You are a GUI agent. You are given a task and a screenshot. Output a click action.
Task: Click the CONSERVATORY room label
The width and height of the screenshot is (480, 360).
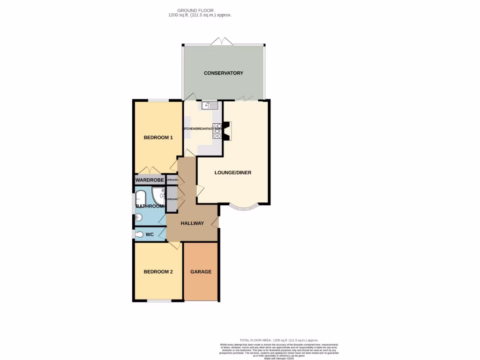223,73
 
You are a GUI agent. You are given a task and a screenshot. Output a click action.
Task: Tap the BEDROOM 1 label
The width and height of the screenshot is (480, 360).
158,137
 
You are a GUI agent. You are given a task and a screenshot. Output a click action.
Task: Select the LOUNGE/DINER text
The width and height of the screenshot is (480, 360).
233,172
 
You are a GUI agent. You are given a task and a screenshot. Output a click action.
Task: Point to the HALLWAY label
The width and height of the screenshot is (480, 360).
192,223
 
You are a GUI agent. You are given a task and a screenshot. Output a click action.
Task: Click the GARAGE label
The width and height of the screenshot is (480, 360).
201,271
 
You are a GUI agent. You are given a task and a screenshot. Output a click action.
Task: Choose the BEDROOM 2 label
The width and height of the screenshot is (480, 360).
158,271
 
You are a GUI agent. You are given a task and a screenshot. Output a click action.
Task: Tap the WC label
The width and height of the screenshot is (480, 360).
150,234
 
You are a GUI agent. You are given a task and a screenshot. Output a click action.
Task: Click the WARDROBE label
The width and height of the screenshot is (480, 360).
150,180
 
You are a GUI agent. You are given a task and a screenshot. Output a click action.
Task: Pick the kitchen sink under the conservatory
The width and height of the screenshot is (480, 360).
210,106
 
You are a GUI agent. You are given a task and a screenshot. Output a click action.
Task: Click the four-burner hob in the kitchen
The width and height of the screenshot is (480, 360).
217,131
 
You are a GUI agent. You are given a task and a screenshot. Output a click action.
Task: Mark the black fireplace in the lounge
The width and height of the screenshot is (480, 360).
226,131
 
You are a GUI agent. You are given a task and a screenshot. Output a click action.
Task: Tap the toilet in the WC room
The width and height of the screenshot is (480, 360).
139,234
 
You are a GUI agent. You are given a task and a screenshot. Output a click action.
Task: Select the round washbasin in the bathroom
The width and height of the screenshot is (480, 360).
138,217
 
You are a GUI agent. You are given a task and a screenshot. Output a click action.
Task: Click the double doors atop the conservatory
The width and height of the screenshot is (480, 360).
222,42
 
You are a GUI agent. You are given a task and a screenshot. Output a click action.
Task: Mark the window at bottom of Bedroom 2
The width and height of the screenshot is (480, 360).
158,300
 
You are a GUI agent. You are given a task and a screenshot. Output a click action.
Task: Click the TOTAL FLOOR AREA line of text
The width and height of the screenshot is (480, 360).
278,340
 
